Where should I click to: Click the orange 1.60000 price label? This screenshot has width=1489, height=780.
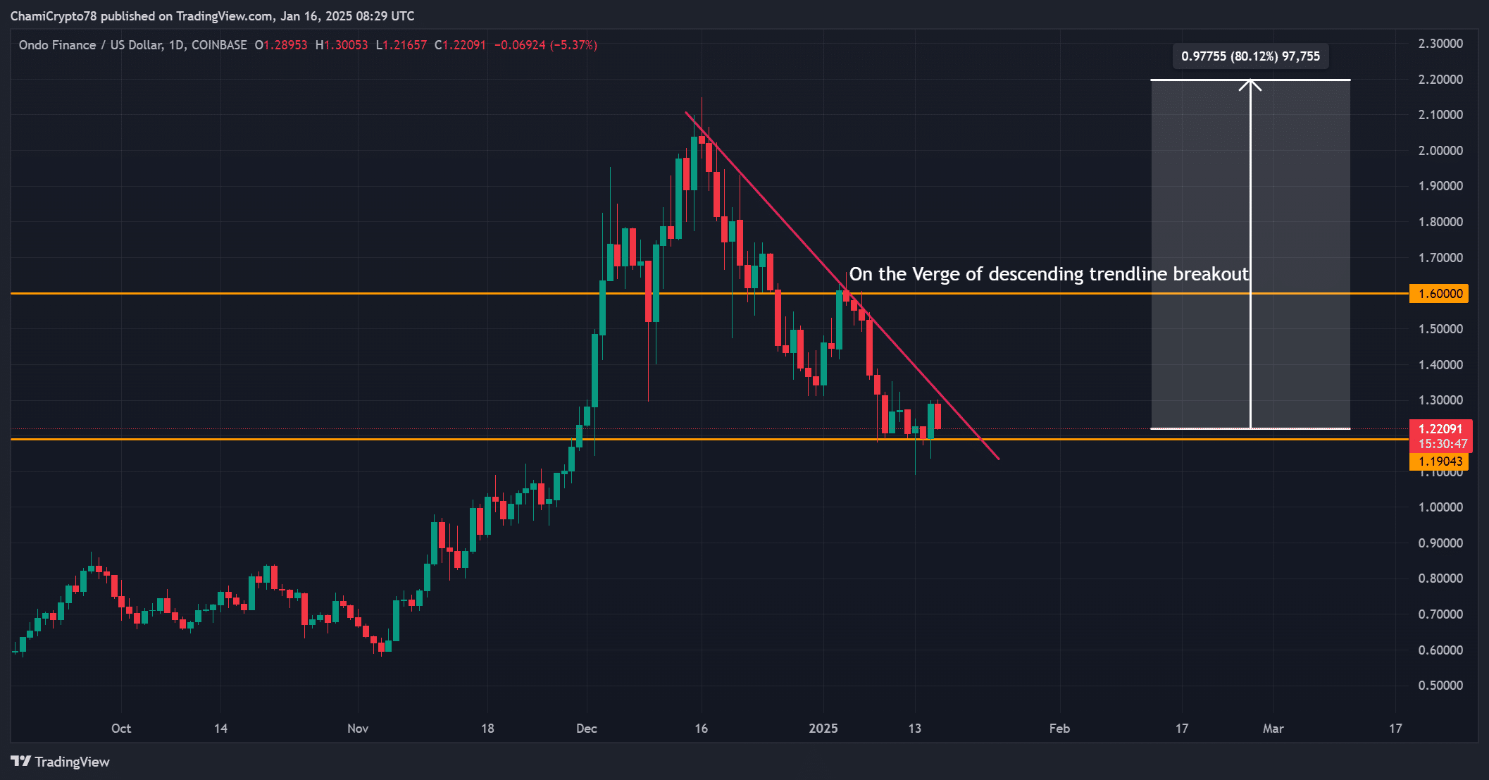pyautogui.click(x=1438, y=294)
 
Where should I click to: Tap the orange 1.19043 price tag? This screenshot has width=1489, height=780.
pyautogui.click(x=1438, y=462)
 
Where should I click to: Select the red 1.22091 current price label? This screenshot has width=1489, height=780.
pyautogui.click(x=1440, y=429)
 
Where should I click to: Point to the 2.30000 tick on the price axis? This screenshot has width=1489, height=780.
pyautogui.click(x=1440, y=44)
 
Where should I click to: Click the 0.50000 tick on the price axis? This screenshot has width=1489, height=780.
pyautogui.click(x=1440, y=686)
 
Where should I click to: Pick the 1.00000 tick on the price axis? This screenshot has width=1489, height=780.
pyautogui.click(x=1440, y=507)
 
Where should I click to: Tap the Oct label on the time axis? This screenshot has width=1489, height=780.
pyautogui.click(x=121, y=729)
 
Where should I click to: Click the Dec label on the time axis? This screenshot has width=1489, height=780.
pyautogui.click(x=586, y=729)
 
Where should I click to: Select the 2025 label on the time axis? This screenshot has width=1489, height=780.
pyautogui.click(x=823, y=729)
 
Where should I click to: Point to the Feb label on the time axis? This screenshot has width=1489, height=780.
pyautogui.click(x=1059, y=729)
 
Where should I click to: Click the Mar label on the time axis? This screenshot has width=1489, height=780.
pyautogui.click(x=1273, y=729)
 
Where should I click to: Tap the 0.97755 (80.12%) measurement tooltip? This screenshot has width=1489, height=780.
pyautogui.click(x=1250, y=56)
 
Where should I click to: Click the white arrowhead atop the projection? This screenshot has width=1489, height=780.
pyautogui.click(x=1250, y=85)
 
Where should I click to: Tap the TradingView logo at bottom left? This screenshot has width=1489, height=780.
pyautogui.click(x=61, y=762)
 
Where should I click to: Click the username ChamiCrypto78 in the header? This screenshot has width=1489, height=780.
pyautogui.click(x=54, y=16)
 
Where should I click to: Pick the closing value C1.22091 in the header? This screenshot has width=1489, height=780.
pyautogui.click(x=460, y=45)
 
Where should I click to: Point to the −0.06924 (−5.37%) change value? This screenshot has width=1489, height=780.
pyautogui.click(x=545, y=45)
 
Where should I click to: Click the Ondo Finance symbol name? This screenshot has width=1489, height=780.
pyautogui.click(x=57, y=45)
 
